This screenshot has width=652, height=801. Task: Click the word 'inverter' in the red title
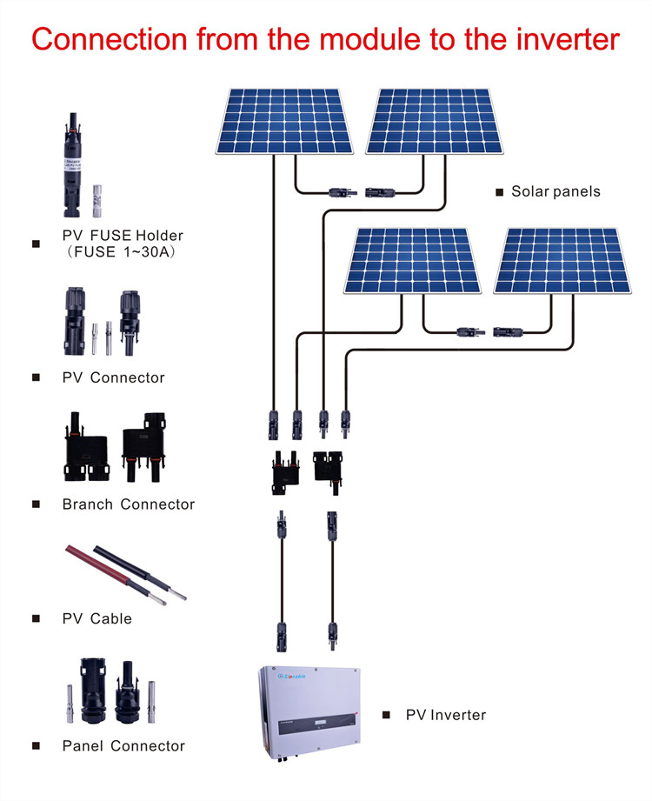[x=561, y=39]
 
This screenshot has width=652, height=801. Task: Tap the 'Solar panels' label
[x=556, y=191]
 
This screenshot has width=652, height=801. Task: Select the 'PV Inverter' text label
[x=446, y=715]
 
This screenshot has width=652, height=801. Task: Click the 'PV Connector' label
[x=113, y=377]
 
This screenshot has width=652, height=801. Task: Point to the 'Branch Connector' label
[x=129, y=504]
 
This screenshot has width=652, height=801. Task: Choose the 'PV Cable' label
[x=97, y=618]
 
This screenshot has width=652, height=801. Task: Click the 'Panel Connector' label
[x=123, y=746]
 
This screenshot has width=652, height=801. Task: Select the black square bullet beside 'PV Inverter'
[x=387, y=715]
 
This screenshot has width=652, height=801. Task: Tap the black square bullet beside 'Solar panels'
[x=499, y=191]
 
